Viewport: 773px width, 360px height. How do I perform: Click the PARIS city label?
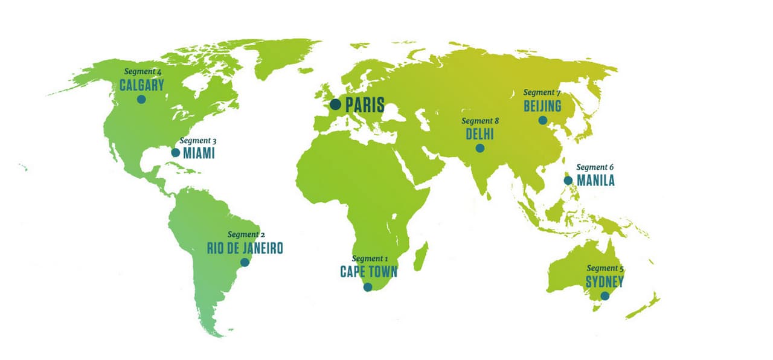365,106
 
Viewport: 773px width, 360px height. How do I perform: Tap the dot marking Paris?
335,105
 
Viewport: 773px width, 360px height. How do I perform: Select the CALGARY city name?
142,85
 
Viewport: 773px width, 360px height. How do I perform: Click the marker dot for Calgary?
141,99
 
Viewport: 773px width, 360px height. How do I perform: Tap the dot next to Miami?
175,153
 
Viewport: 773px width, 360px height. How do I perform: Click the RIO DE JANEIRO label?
245,248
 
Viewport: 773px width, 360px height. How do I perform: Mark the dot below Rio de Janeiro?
245,262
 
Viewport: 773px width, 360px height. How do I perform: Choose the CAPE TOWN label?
368,272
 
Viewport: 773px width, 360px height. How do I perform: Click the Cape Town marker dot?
368,288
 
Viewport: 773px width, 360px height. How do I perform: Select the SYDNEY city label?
605,281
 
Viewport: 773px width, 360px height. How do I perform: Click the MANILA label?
595,180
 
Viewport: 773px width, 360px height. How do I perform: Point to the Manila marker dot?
568,180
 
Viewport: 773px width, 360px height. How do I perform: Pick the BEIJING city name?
542,106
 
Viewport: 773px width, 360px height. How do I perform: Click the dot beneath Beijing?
543,120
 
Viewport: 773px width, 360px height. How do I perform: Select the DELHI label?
480,134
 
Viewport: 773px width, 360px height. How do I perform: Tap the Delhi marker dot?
480,148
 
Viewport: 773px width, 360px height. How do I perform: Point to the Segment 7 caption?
542,92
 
